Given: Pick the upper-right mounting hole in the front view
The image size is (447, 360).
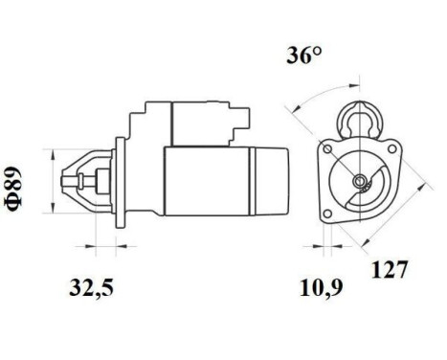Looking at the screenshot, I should point(390,149).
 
